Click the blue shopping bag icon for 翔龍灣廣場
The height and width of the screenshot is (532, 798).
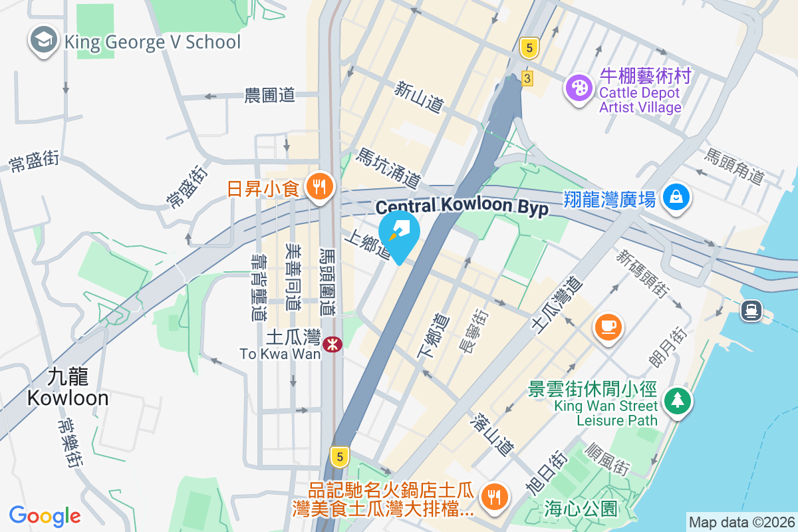pyautogui.click(x=676, y=197)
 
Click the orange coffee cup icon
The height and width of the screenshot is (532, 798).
pyautogui.click(x=608, y=327)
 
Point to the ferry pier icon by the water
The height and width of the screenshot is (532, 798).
pyautogui.click(x=752, y=310)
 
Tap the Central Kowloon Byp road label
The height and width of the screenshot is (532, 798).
pyautogui.click(x=462, y=207)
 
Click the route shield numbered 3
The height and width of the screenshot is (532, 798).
pyautogui.click(x=527, y=78)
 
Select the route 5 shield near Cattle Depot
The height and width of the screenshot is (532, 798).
pyautogui.click(x=529, y=47)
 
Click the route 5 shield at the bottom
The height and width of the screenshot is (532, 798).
pyautogui.click(x=340, y=457)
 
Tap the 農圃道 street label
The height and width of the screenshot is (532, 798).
pyautogui.click(x=269, y=95)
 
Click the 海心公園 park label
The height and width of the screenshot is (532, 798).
pyautogui.click(x=581, y=509)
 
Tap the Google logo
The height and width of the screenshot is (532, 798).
pyautogui.click(x=45, y=515)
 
